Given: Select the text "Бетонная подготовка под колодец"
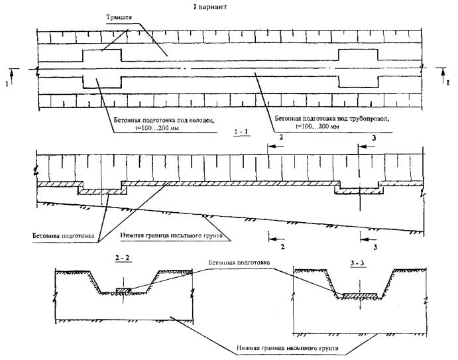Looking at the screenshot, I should pyautogui.click(x=164, y=119).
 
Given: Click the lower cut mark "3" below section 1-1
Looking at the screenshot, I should pyautogui.click(x=375, y=247).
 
